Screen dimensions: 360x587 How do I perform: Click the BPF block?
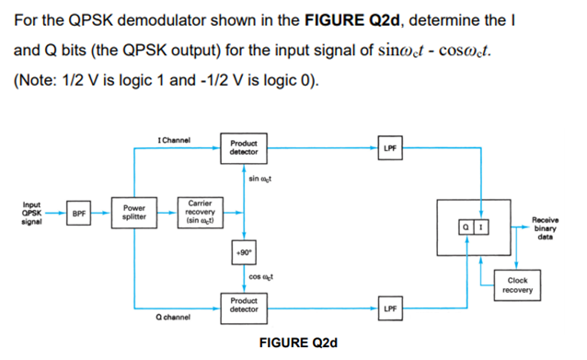[x=81, y=214]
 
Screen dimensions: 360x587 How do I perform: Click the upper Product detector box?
[x=244, y=147]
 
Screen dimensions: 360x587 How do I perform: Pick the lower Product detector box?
[x=244, y=305]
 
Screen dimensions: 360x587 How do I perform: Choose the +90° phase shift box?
[x=243, y=251]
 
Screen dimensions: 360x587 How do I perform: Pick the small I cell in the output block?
[x=479, y=226]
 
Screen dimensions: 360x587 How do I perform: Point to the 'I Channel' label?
[x=174, y=140]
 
